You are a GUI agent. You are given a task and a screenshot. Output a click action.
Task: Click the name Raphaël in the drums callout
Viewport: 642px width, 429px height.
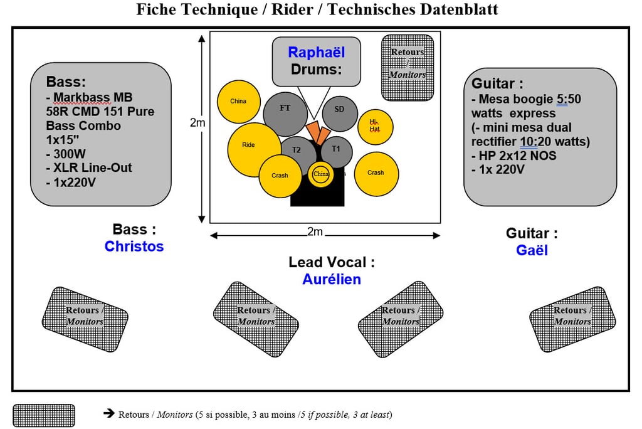(316, 53)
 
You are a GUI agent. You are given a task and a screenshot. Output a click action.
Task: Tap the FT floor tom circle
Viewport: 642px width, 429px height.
(285, 113)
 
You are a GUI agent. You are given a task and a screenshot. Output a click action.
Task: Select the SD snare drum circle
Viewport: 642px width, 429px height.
(339, 112)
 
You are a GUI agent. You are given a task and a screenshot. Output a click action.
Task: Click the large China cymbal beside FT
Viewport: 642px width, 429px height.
(238, 102)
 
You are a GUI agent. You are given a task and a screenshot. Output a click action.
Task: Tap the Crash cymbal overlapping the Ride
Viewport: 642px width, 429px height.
(280, 176)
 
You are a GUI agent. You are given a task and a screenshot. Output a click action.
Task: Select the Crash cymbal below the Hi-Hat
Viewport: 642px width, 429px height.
(376, 173)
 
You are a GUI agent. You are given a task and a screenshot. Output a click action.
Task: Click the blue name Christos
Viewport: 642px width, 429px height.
(134, 246)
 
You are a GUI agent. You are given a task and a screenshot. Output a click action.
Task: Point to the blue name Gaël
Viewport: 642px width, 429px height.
(532, 250)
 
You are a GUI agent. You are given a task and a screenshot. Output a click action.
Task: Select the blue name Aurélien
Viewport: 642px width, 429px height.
(332, 279)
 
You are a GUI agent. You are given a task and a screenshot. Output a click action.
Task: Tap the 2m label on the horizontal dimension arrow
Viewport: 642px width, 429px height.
(315, 232)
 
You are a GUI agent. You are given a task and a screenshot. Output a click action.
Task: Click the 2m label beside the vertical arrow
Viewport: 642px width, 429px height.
(197, 124)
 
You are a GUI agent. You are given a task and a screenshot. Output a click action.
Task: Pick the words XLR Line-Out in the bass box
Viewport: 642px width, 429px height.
(89, 168)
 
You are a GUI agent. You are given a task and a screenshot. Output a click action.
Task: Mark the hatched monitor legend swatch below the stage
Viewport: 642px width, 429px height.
(43, 415)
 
